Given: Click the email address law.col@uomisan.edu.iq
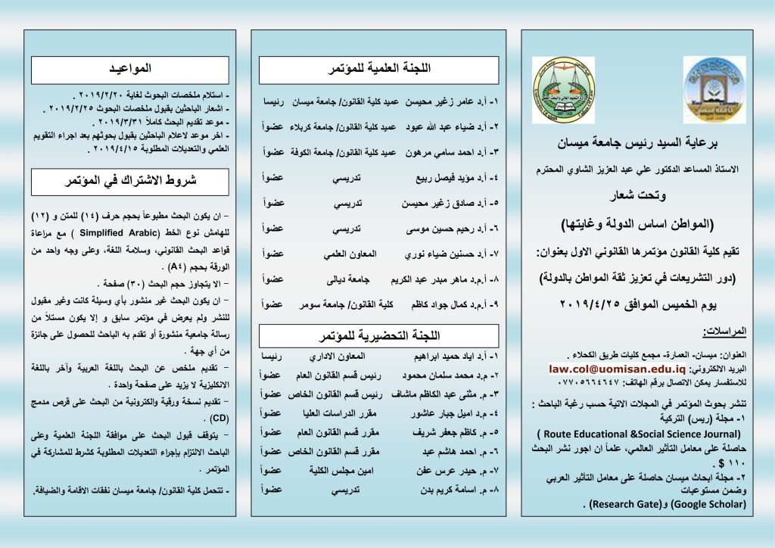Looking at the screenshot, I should (x=618, y=369).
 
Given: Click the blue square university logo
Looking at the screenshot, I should (x=714, y=89).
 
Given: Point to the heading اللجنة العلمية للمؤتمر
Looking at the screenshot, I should (x=379, y=70).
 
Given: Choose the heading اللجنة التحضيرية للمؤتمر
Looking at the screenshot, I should (x=379, y=335).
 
